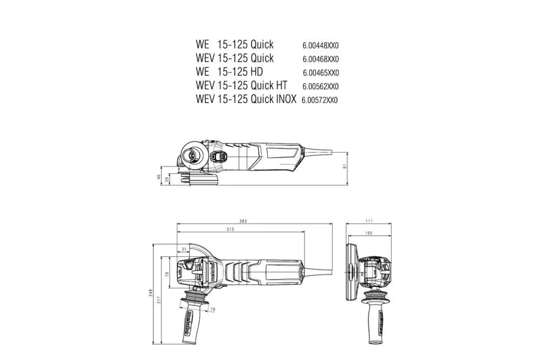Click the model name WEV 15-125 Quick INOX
(246, 99)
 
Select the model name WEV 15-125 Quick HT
(241, 86)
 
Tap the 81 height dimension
(345, 166)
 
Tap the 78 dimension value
(167, 275)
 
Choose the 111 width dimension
(369, 221)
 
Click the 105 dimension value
(369, 233)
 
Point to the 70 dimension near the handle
(212, 309)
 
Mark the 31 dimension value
(184, 249)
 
